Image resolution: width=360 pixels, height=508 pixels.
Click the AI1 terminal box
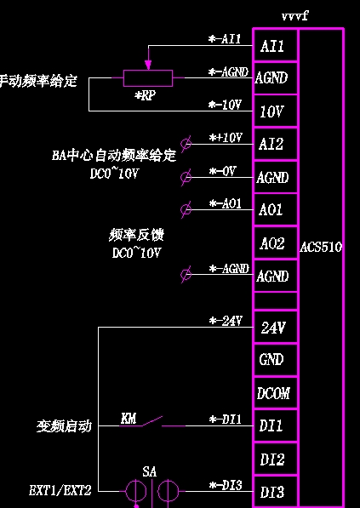(275, 45)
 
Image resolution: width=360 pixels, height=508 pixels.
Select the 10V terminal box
(275, 111)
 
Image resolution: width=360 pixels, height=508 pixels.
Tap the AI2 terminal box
(275, 144)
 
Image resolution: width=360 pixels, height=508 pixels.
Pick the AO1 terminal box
(275, 209)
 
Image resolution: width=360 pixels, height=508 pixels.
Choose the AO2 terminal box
(275, 243)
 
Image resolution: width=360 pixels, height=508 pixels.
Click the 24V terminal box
(275, 328)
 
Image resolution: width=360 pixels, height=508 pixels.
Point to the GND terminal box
(275, 360)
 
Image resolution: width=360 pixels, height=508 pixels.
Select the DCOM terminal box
(275, 393)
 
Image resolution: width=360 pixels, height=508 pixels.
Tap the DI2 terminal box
(275, 459)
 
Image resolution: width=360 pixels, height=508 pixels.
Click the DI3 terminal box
(275, 492)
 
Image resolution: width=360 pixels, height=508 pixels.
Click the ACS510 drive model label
(321, 248)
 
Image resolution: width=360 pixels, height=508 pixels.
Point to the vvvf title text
(294, 16)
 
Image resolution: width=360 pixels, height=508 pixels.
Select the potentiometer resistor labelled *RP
(148, 78)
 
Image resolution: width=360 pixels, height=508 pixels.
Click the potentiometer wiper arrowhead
(148, 66)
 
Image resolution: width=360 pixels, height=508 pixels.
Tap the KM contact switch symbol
(152, 422)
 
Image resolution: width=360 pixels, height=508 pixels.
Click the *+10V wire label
(226, 138)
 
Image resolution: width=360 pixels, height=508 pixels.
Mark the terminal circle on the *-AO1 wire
(186, 209)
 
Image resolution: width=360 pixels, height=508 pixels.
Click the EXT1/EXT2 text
(60, 491)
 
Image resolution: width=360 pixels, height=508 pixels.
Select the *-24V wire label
(226, 321)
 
